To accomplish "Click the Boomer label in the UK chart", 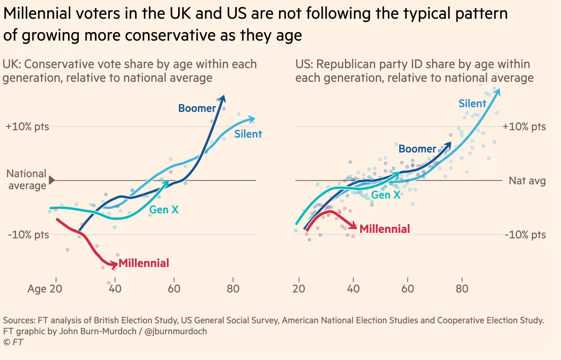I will (x=197, y=108).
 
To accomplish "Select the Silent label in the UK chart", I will (x=248, y=134).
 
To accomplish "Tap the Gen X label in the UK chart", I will (x=164, y=210).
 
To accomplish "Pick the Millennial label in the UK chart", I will (x=144, y=263).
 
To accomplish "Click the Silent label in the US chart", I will (x=472, y=103).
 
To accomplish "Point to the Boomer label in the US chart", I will (x=417, y=149).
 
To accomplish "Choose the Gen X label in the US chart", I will (x=386, y=195).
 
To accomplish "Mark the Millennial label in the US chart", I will (x=384, y=229).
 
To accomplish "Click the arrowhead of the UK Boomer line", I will (x=222, y=98).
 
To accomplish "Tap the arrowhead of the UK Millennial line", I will (x=114, y=265).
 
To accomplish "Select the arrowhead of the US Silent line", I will (x=497, y=91).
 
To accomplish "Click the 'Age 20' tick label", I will (x=45, y=289).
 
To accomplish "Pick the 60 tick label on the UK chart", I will (x=174, y=289).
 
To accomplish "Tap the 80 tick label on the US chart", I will (x=462, y=289).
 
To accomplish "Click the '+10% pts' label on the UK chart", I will (x=27, y=127).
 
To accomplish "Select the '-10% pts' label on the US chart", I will (x=525, y=235).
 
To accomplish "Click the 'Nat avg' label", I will (x=527, y=181).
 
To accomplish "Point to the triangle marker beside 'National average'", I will (x=52, y=180).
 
